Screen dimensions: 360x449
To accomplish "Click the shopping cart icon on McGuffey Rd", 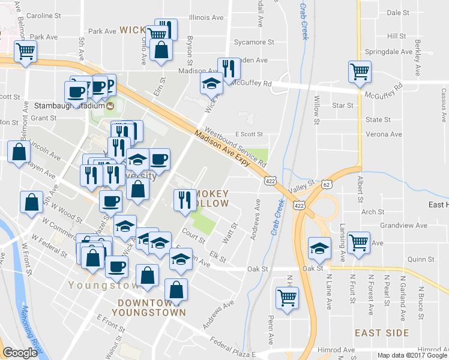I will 359,72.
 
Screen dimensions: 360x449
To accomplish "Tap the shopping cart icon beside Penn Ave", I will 288,297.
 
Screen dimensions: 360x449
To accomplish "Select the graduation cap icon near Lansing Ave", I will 319,247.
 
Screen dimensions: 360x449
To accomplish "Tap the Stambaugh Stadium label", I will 70,106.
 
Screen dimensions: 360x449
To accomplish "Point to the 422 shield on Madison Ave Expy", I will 268,180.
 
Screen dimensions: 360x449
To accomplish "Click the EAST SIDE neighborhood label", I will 382,332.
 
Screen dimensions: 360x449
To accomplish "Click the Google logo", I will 20,353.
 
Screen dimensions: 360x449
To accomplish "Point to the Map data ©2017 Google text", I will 413,355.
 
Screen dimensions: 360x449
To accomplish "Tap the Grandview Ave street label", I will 408,226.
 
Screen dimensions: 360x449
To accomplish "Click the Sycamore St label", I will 253,42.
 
